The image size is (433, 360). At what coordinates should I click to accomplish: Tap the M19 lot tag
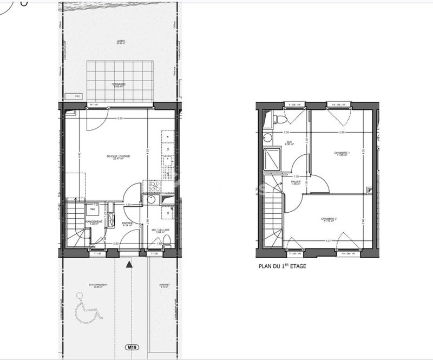(131, 346)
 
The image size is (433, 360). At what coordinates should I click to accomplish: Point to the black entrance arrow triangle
(128, 264)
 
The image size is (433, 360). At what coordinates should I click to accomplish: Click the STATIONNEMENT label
(98, 285)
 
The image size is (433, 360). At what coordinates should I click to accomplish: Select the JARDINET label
(165, 285)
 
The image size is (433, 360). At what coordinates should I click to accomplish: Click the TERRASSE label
(119, 85)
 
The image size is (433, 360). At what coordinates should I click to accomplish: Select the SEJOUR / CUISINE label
(119, 157)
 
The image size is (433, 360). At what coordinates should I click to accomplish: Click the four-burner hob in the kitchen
(152, 187)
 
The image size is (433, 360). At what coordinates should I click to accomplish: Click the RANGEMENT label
(94, 222)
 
